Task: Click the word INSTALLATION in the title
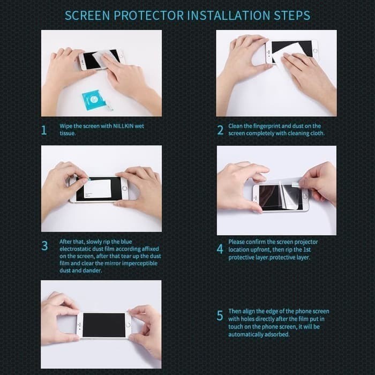coord(228,16)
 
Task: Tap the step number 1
coord(44,130)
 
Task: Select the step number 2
coord(220,130)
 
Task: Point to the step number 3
coord(44,245)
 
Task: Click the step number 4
coord(220,249)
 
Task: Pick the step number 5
coord(220,316)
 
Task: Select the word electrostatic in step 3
coord(75,249)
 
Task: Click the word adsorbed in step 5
coord(277,334)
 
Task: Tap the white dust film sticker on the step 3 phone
coord(97,189)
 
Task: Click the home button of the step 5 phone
coord(129,325)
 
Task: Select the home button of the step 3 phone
coord(124,188)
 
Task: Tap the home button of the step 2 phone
coord(315,51)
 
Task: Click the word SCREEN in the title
coord(87,16)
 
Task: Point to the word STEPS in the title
coord(292,16)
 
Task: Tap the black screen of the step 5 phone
coord(104,325)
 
